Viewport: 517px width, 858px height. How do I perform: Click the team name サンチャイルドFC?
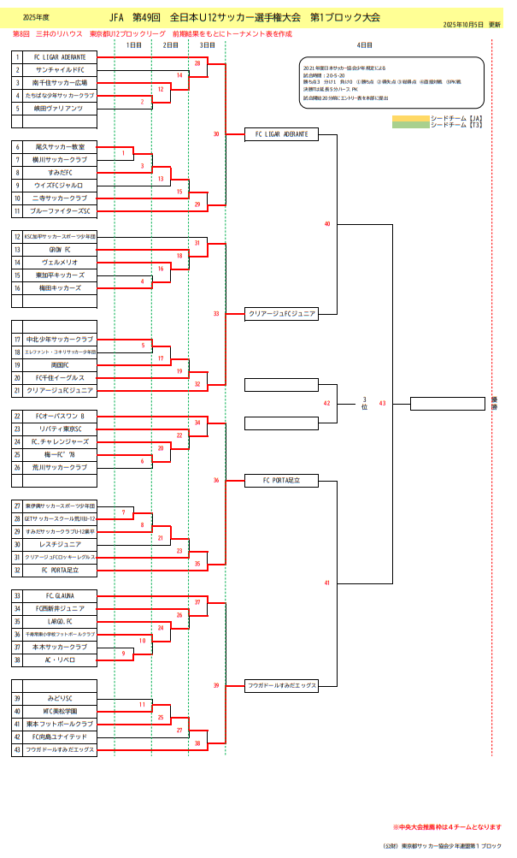click(60, 70)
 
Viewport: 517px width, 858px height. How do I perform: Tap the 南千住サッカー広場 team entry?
click(60, 83)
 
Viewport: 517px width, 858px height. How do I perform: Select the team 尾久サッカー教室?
click(60, 147)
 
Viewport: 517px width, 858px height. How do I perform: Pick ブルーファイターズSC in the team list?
click(60, 210)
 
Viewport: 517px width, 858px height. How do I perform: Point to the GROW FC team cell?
click(60, 250)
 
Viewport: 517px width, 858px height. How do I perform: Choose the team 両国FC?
click(60, 365)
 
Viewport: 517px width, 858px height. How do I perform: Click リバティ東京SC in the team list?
click(60, 429)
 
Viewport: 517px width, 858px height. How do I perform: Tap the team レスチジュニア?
click(60, 544)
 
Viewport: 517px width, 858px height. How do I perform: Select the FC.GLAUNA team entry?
click(60, 595)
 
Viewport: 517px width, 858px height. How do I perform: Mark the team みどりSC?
click(60, 699)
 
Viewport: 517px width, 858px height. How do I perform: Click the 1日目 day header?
click(133, 44)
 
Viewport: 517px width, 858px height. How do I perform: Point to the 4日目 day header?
click(364, 44)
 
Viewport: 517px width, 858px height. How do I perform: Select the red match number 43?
click(382, 403)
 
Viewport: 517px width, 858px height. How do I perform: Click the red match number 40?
click(327, 224)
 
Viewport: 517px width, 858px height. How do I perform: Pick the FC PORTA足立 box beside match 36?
click(281, 481)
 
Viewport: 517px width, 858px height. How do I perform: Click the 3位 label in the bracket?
click(364, 404)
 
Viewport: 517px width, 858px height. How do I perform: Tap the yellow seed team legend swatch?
click(410, 117)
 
